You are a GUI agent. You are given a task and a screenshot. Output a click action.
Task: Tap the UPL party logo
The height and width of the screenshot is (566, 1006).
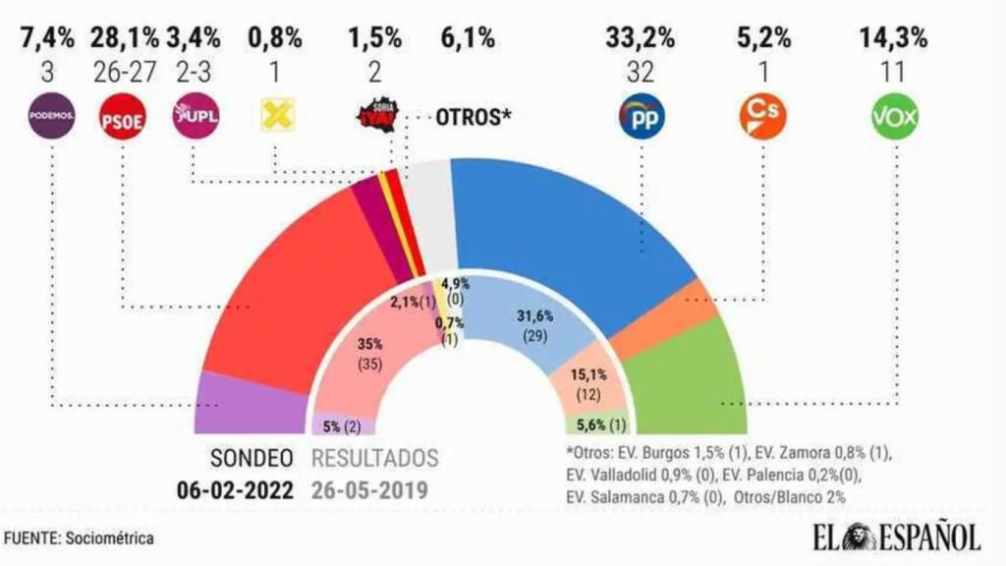pyautogui.click(x=196, y=117)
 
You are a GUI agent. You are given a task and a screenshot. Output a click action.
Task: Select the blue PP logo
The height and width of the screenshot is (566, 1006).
pyautogui.click(x=641, y=118)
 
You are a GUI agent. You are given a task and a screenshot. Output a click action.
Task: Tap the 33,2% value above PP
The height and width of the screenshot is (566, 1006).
pyautogui.click(x=641, y=39)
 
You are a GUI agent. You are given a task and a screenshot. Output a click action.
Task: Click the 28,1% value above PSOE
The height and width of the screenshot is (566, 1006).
pyautogui.click(x=125, y=39)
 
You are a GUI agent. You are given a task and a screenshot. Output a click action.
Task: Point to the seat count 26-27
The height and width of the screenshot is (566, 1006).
pyautogui.click(x=125, y=73)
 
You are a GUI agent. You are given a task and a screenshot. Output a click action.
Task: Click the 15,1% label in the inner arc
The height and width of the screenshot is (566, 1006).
pyautogui.click(x=596, y=374)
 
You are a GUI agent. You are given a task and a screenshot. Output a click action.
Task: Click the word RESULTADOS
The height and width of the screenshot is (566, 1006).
pyautogui.click(x=375, y=459)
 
